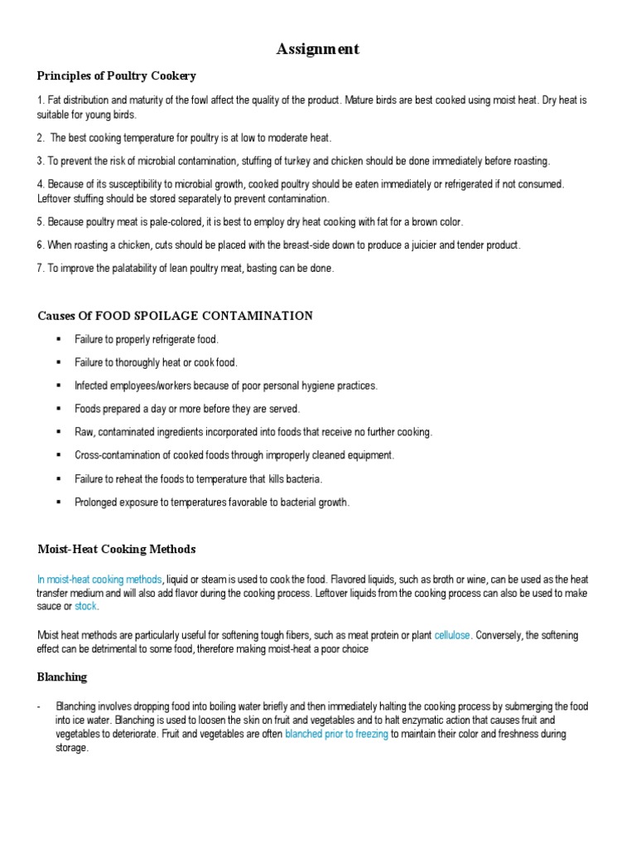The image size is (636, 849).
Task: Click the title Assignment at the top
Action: point(318,50)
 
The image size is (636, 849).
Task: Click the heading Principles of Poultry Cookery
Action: point(117,76)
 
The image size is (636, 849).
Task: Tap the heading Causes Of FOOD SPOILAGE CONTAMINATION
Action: point(175,316)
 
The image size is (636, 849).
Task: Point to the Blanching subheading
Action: point(62,677)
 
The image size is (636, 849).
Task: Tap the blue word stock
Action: point(86,607)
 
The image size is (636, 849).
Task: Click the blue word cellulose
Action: point(452,635)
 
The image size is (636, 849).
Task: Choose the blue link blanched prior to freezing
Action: point(337,735)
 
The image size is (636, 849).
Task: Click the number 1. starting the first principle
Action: point(41,100)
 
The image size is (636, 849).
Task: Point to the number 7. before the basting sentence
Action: point(41,269)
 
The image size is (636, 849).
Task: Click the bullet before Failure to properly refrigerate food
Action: point(58,340)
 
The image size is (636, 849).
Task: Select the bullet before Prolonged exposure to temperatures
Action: point(58,502)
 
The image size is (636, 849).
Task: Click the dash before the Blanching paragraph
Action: point(40,706)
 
